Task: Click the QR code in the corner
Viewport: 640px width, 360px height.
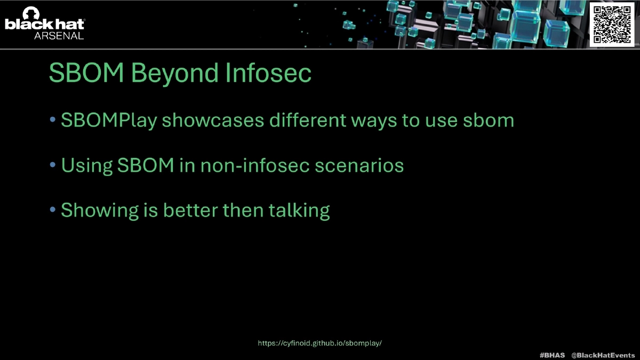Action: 612,25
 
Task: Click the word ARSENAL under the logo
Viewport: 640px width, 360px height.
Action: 59,36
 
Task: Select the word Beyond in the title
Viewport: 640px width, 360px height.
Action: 175,73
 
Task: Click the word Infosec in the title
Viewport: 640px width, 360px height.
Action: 268,73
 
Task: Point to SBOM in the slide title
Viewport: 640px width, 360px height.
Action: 86,73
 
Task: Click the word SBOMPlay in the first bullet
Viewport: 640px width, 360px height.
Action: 109,121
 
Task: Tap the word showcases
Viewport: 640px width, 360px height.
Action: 213,120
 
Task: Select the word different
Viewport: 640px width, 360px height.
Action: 308,120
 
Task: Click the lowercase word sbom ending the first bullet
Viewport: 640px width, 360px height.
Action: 489,120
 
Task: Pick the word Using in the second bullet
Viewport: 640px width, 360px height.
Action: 87,166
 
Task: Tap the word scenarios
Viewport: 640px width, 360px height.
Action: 359,165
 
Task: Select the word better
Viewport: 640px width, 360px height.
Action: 190,210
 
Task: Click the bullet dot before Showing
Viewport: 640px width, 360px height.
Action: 53,210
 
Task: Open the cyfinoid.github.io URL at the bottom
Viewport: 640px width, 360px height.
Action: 319,343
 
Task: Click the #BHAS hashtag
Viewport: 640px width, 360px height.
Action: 552,355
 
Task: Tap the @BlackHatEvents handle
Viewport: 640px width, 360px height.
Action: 603,355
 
